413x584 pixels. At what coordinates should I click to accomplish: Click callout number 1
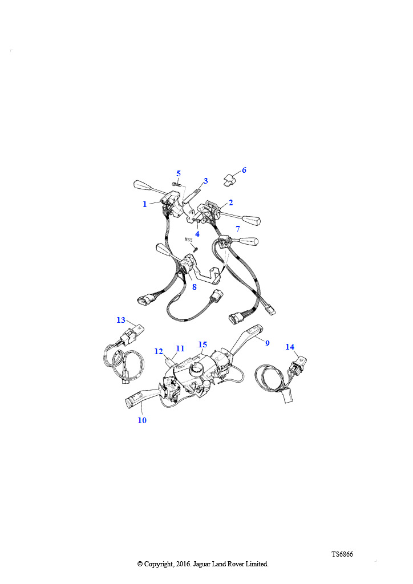145,204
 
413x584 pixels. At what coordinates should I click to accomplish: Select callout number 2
231,202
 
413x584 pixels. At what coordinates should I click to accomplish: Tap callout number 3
205,181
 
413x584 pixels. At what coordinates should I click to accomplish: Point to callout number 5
179,173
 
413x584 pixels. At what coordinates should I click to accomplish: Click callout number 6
244,170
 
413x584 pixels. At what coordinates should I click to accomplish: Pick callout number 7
238,228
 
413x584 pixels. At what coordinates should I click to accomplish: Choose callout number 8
194,287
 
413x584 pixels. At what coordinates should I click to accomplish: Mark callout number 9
267,343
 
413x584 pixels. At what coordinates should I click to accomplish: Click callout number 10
142,420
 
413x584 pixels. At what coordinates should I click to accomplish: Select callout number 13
121,320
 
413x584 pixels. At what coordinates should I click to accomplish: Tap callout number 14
290,347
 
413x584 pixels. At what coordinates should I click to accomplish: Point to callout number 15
203,344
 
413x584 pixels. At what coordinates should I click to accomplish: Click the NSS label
188,240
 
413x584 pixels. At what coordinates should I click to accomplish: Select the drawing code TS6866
342,554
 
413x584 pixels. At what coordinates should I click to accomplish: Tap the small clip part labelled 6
229,180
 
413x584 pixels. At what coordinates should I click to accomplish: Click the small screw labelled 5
176,183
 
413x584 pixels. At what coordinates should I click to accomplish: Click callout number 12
159,351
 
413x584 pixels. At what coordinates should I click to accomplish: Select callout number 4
197,234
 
